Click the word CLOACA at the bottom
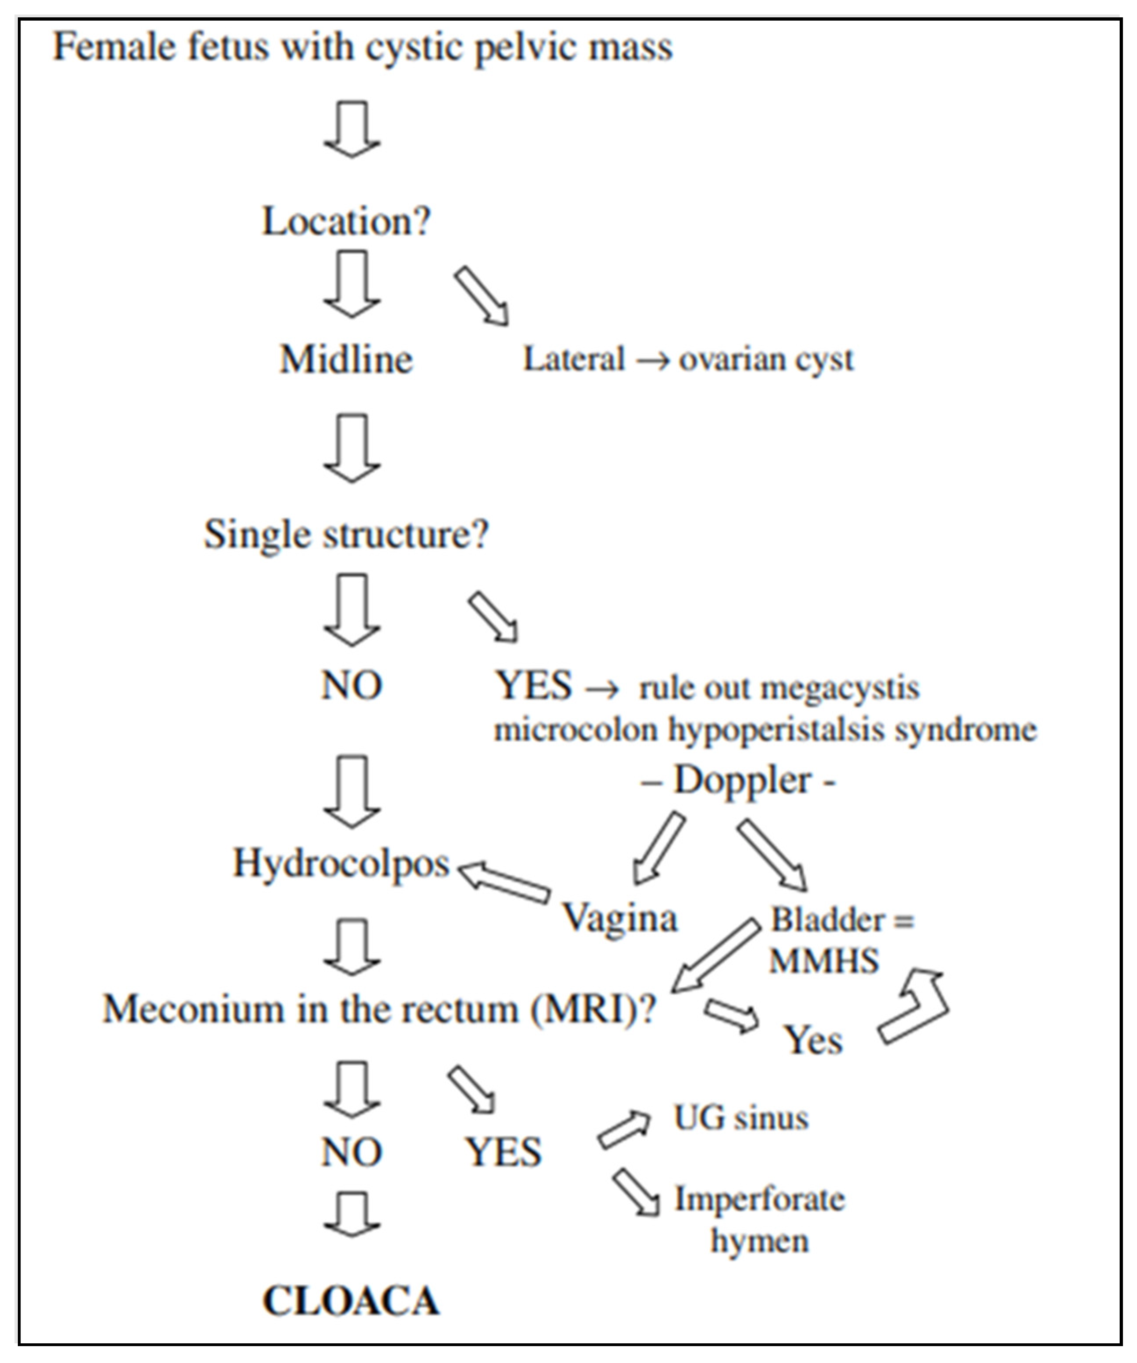click(351, 1301)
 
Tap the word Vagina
click(620, 918)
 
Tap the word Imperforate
click(760, 1199)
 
